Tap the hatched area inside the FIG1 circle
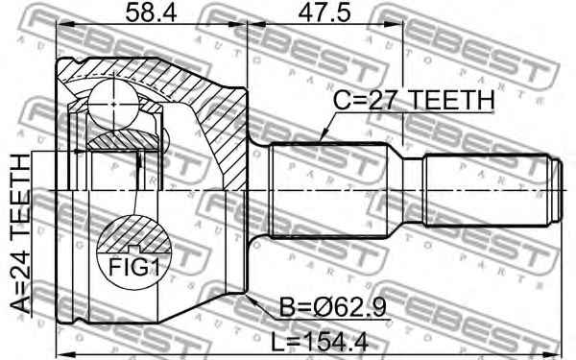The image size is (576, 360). pos(129,233)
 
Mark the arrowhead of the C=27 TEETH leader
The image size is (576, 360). pos(320,142)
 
